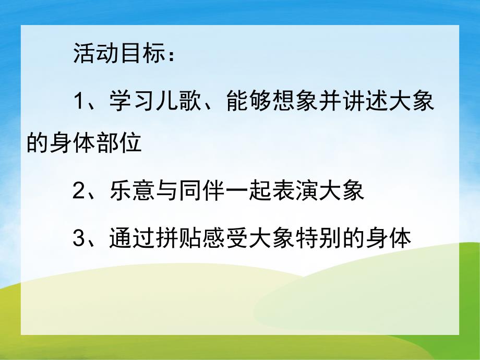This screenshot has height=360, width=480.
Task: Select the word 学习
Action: click(128, 101)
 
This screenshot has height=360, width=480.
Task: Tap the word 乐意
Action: click(128, 191)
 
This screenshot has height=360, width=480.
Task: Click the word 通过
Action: click(128, 238)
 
